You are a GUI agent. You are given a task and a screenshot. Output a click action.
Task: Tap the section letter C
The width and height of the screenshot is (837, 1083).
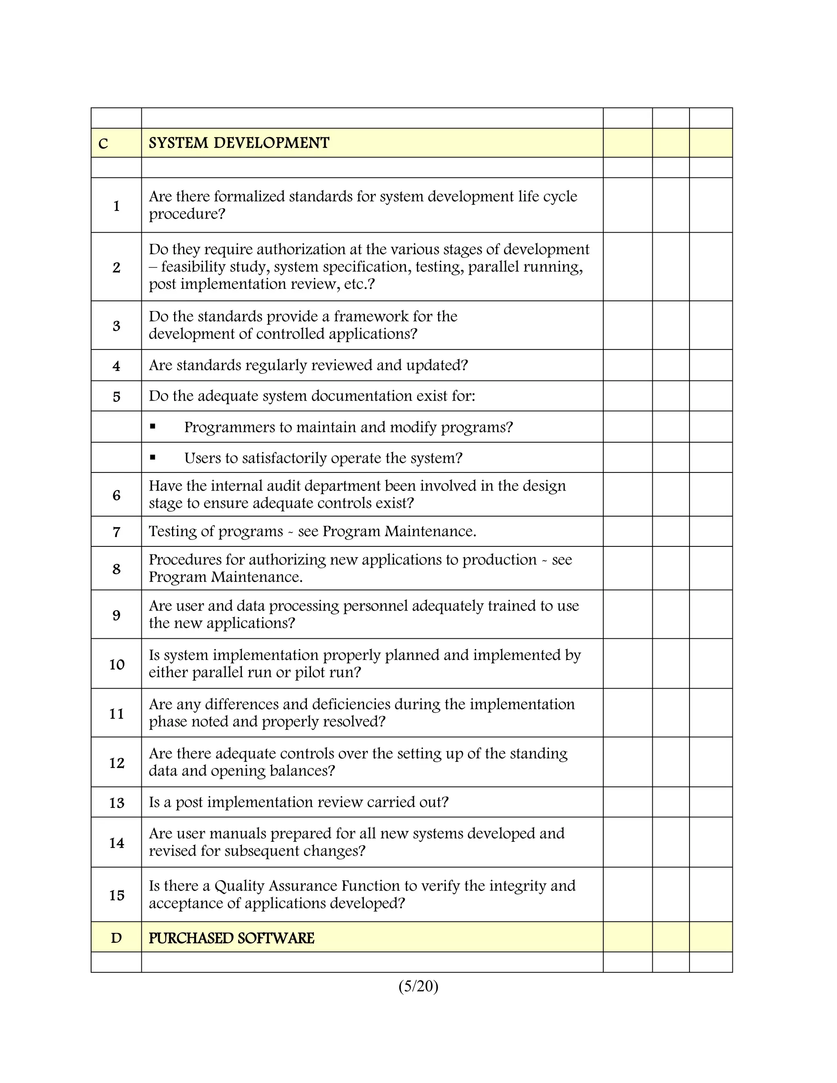tap(103, 144)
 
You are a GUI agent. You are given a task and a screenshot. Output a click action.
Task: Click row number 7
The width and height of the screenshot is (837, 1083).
tap(116, 532)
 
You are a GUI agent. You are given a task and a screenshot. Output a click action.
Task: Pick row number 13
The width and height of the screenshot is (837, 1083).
tap(116, 803)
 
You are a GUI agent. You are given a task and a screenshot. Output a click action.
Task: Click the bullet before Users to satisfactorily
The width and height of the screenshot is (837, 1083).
tap(153, 457)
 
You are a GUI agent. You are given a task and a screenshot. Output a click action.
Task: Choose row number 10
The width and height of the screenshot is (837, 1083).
tap(116, 665)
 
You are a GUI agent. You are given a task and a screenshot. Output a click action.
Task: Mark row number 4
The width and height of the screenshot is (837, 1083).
tap(116, 366)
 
